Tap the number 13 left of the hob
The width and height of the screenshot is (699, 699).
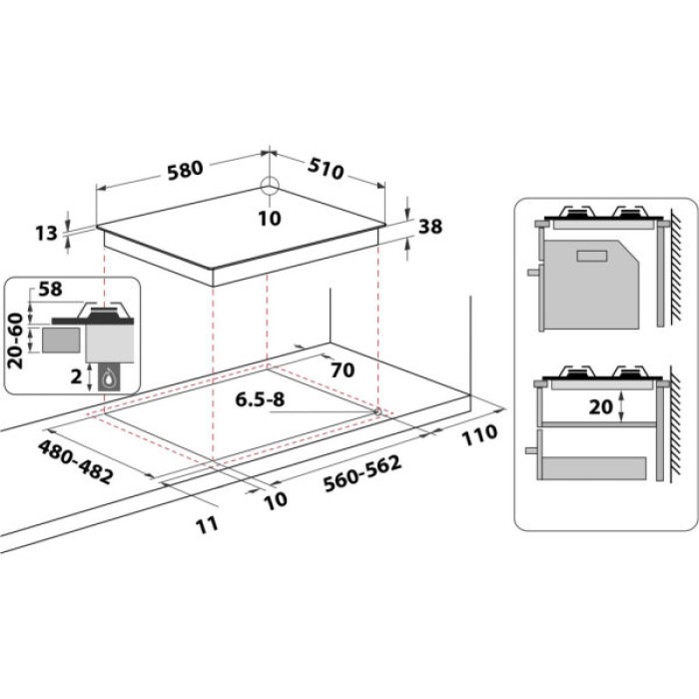click(x=46, y=234)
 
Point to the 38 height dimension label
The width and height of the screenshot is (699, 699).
click(x=429, y=228)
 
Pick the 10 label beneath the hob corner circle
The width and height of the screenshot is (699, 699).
click(x=269, y=218)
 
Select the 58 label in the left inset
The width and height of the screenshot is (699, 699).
click(x=49, y=291)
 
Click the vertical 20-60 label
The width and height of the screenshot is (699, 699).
click(x=16, y=340)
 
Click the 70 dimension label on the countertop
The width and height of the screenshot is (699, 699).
click(x=342, y=370)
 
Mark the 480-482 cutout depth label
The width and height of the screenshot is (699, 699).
click(x=76, y=460)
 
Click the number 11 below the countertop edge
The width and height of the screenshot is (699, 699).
click(x=206, y=525)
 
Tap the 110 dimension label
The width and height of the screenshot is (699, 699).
click(x=479, y=434)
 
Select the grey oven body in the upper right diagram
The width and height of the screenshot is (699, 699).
click(x=590, y=284)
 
